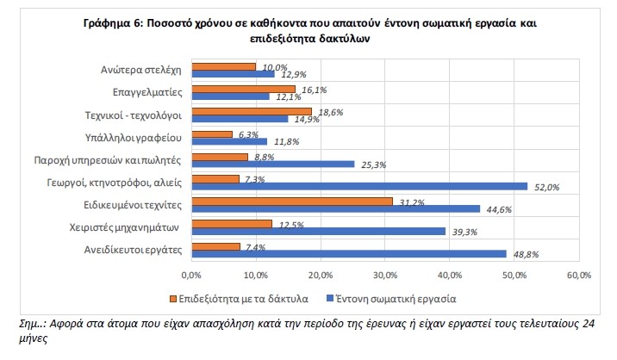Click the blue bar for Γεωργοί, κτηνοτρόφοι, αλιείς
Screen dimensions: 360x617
point(358,186)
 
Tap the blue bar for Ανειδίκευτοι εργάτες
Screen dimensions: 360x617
point(348,253)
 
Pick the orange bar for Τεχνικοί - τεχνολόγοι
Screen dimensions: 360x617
point(251,111)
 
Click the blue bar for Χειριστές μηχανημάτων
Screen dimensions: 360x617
point(318,231)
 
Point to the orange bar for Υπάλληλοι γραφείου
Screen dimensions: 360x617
point(211,133)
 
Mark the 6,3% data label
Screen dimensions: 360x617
point(250,134)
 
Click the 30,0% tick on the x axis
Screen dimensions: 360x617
point(384,275)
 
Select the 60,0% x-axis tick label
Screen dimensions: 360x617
point(578,275)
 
